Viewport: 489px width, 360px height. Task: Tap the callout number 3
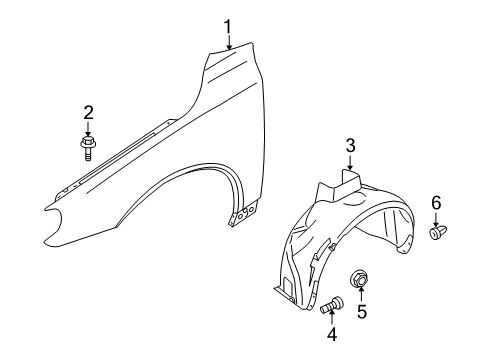coord(350,146)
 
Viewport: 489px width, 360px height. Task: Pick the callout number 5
coord(362,311)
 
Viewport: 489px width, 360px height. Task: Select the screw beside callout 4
coord(332,303)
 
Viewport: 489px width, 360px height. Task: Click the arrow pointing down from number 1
coord(229,41)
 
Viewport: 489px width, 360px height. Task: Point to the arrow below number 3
coord(350,162)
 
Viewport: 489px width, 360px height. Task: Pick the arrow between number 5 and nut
coord(361,294)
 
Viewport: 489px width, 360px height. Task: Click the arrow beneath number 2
coord(88,127)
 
